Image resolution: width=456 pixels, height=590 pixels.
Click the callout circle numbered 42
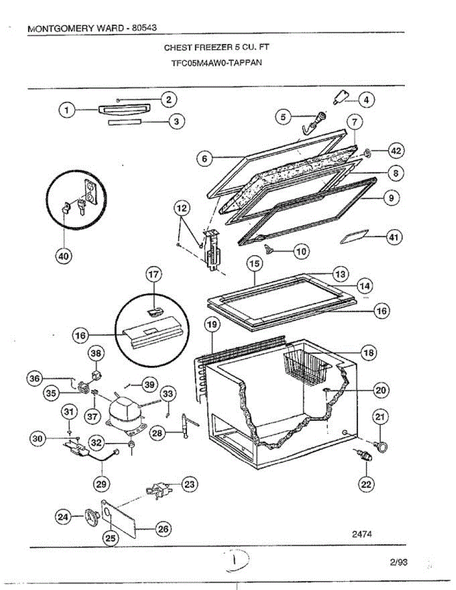395,151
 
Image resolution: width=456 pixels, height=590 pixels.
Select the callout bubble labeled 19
213,324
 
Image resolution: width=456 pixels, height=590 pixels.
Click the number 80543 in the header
144,28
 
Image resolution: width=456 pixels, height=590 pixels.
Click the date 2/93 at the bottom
398,561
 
